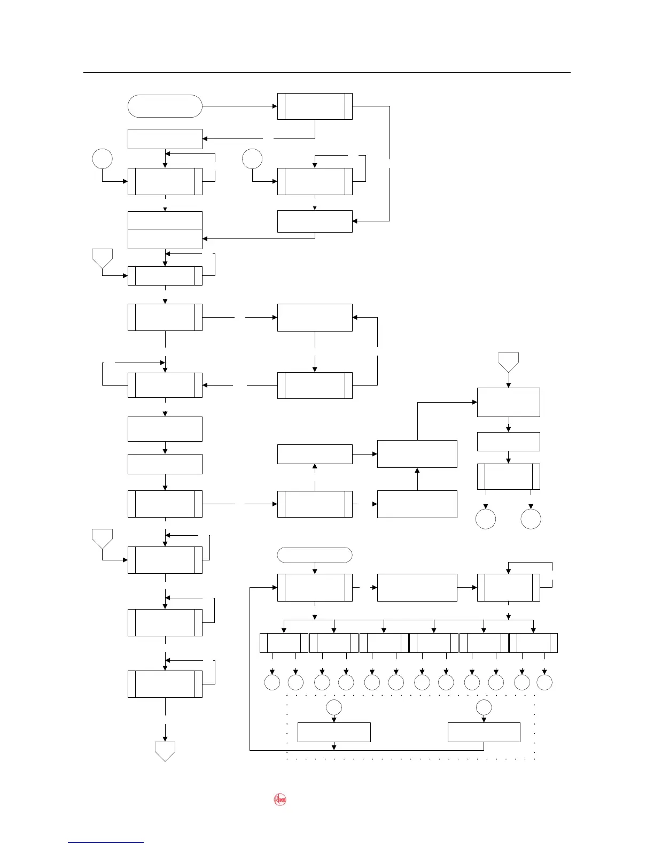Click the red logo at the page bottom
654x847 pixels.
pyautogui.click(x=280, y=800)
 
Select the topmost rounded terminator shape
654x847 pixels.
pyautogui.click(x=165, y=106)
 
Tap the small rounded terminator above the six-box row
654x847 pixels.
pyautogui.click(x=315, y=555)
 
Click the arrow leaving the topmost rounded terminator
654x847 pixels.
pyautogui.click(x=240, y=106)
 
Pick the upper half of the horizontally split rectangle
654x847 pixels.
pyautogui.click(x=165, y=220)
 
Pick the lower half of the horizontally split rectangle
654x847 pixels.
pyautogui.click(x=165, y=239)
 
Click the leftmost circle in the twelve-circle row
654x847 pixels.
pyautogui.click(x=272, y=682)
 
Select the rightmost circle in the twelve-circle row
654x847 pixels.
pyautogui.click(x=544, y=682)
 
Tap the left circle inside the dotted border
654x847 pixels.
pyautogui.click(x=334, y=707)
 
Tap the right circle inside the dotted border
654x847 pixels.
pyautogui.click(x=484, y=707)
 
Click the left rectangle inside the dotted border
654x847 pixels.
pyautogui.click(x=334, y=732)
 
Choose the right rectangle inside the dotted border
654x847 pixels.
pyautogui.click(x=484, y=732)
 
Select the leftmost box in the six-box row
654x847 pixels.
pyautogui.click(x=284, y=643)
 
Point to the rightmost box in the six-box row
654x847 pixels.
pyautogui.click(x=533, y=643)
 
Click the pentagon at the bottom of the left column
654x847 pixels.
pyautogui.click(x=165, y=750)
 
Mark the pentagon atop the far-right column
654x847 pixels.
pyautogui.click(x=509, y=361)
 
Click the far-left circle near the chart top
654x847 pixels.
pyautogui.click(x=102, y=159)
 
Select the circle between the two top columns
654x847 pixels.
pyautogui.click(x=252, y=159)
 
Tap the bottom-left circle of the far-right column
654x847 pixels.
pyautogui.click(x=486, y=519)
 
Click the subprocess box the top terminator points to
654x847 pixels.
pyautogui.click(x=315, y=106)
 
